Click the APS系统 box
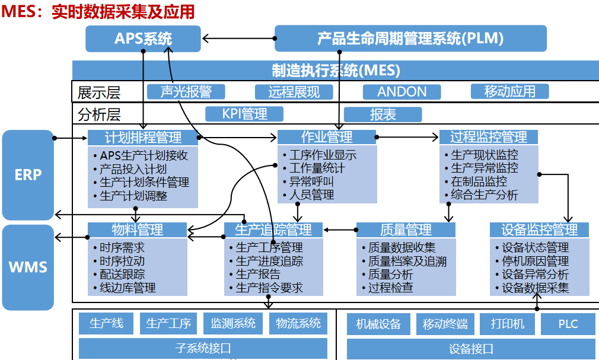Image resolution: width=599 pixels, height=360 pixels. coord(144,39)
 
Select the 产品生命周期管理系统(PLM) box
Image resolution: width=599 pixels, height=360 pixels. coord(410,39)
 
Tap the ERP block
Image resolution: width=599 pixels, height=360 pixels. coord(28,175)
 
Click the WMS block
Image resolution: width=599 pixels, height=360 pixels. coord(28,267)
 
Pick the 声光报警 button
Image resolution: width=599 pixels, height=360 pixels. coord(186,91)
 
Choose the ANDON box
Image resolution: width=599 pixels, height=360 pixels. coord(402,91)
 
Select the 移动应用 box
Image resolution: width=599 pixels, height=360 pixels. coord(509,91)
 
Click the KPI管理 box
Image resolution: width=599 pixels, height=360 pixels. coord(244,114)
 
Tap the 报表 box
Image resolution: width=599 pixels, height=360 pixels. coord(383,114)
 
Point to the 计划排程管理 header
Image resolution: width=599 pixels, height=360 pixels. coord(143,138)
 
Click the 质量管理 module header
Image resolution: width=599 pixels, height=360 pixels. coord(406,230)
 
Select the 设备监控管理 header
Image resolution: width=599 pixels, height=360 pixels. coord(539,230)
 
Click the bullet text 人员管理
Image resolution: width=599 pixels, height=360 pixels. coord(311,195)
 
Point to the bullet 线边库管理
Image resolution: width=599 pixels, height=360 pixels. coord(128,288)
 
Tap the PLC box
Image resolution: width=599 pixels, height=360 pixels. coord(568,324)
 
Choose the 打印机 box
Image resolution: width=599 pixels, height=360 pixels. coord(507,324)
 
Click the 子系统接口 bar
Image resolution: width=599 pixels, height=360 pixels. coord(203,348)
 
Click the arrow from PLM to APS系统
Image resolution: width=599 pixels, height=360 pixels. coord(237,40)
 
